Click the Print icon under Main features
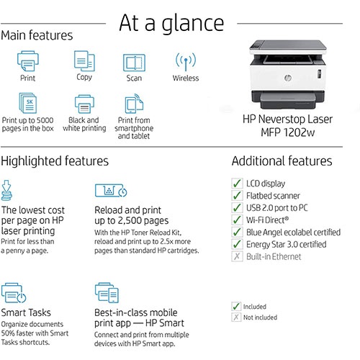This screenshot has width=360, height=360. [28, 61]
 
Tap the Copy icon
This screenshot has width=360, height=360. [84, 60]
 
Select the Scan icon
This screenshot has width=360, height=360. [134, 63]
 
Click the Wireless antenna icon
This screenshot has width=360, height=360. [186, 62]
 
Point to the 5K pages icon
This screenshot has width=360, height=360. [28, 103]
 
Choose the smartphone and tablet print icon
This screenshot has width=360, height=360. [134, 104]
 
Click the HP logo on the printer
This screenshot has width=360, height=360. [288, 78]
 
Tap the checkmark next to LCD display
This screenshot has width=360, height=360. [237, 184]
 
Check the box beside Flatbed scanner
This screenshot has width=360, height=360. [237, 195]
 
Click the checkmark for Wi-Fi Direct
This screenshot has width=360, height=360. [237, 220]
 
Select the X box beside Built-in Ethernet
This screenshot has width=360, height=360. [237, 256]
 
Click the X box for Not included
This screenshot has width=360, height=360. [236, 317]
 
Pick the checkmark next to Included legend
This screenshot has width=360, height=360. [236, 306]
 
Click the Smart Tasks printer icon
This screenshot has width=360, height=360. [14, 293]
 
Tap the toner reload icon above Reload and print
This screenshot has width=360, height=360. [111, 191]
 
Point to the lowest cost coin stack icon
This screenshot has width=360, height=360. [6, 190]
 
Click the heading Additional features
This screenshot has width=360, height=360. [282, 161]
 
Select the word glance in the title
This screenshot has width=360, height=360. [193, 23]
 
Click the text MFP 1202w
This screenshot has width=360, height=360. [288, 132]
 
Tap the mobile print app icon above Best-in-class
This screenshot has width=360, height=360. [107, 292]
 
